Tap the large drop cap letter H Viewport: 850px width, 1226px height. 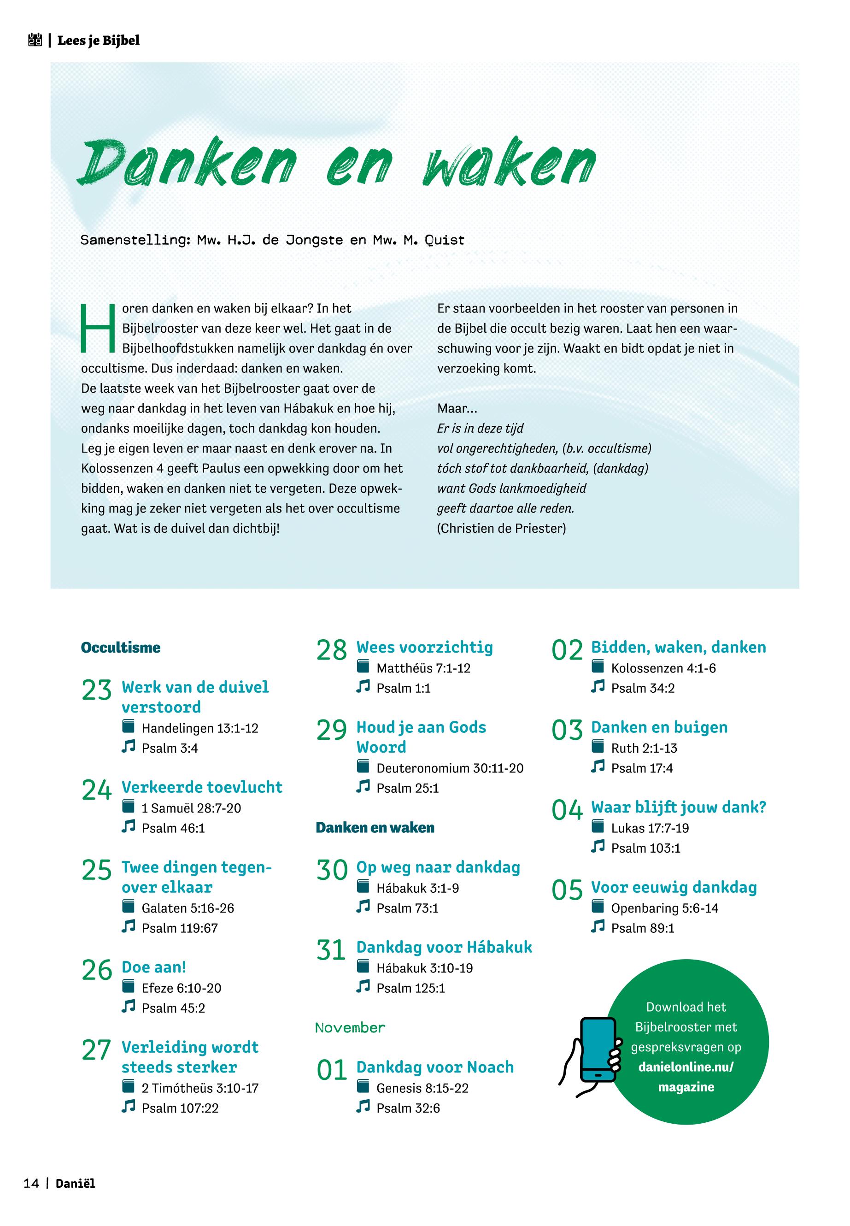tap(98, 328)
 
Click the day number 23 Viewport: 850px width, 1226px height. tap(96, 690)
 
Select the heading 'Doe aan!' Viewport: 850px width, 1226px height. tap(154, 967)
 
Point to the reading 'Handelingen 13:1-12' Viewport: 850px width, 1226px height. tap(200, 728)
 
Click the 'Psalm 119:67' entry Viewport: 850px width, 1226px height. tap(180, 928)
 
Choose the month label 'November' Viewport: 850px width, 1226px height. tap(350, 1028)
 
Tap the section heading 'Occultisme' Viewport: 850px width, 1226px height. tap(120, 648)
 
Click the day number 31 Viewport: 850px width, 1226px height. tap(331, 950)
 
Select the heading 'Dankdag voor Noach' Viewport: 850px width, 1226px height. tap(435, 1067)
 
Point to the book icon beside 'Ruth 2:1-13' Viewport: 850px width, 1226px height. tap(598, 747)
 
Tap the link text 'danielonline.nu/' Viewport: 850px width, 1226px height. tap(686, 1067)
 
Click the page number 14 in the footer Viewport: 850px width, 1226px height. tap(31, 1198)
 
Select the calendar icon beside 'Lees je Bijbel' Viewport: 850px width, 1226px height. tap(35, 41)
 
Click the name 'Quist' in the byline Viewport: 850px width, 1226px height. tap(444, 240)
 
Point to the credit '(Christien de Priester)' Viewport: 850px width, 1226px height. tap(501, 529)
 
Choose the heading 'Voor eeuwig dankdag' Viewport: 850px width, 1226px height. tap(674, 887)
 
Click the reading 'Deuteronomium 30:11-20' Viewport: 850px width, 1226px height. tap(450, 768)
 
